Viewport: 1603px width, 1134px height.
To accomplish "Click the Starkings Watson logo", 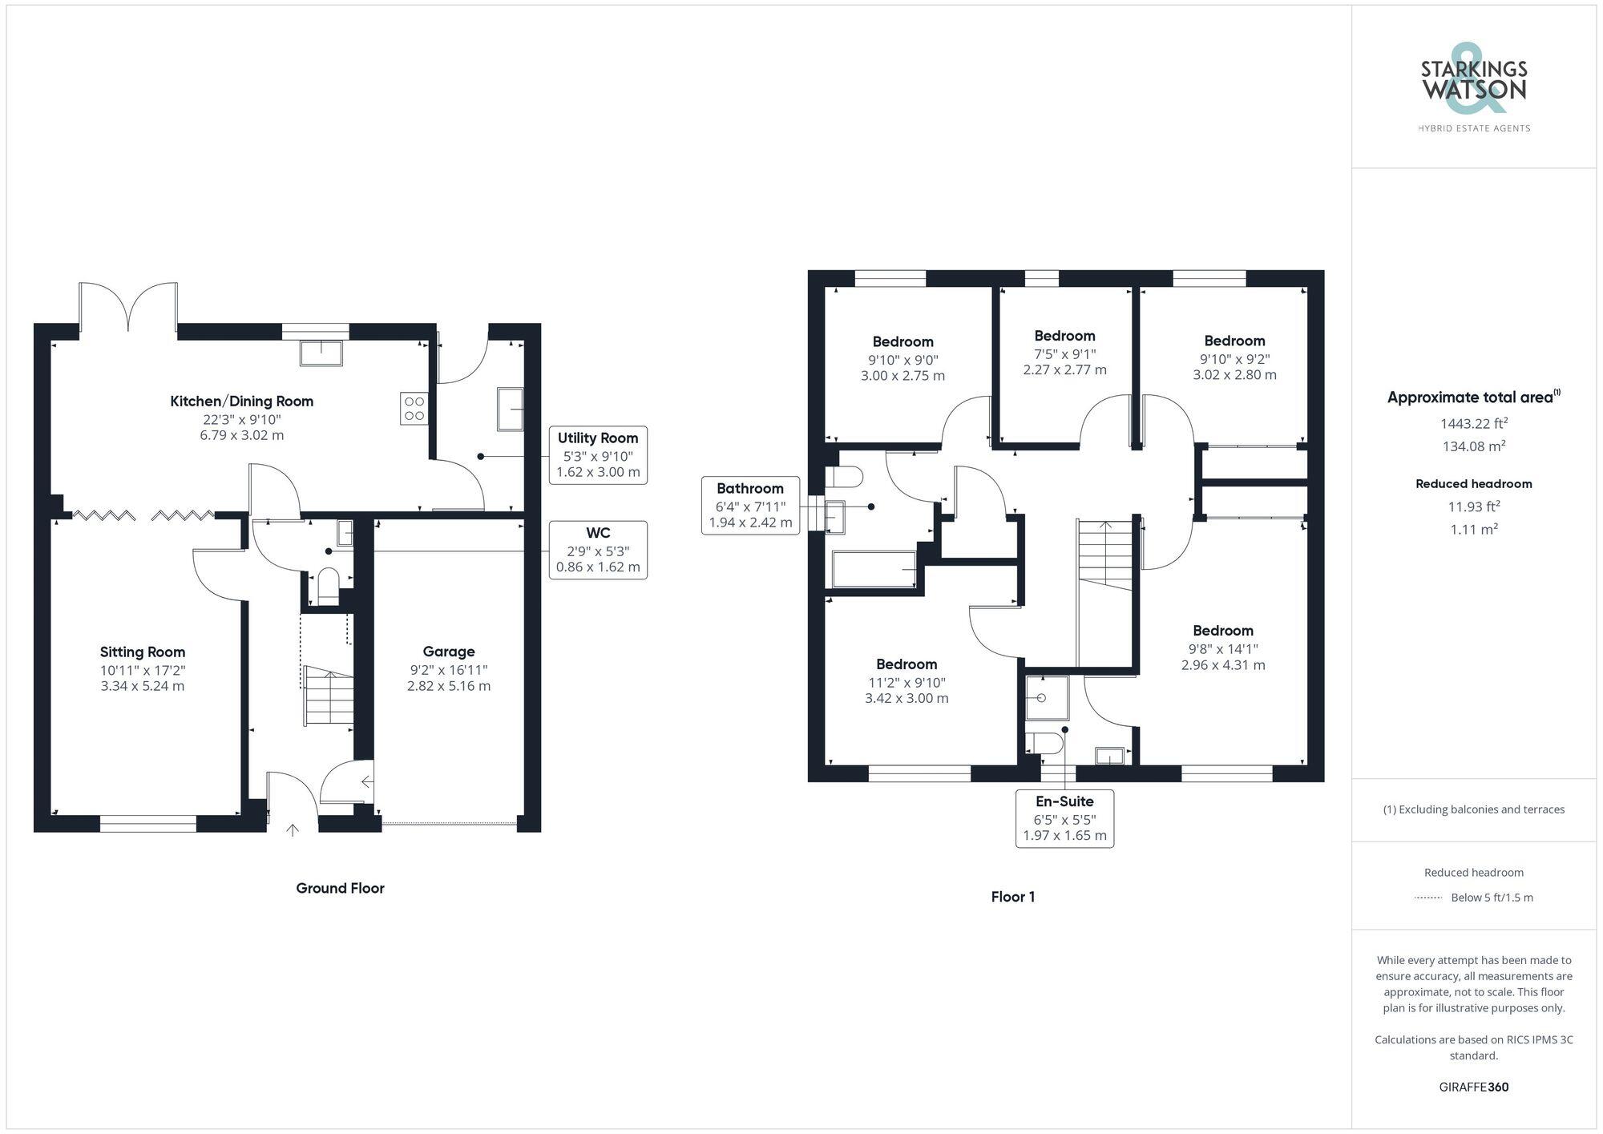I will (x=1473, y=88).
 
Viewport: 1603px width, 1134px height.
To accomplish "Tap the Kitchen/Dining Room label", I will (x=241, y=402).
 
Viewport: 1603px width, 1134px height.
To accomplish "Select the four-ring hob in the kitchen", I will (x=414, y=409).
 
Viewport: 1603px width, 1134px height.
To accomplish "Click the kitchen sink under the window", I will (x=321, y=353).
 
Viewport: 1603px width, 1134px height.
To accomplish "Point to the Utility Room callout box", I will (x=598, y=455).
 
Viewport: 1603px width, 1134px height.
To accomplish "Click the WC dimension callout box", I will (x=598, y=550).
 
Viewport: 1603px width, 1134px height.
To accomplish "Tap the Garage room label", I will (x=449, y=652).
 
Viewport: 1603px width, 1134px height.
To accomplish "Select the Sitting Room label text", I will (x=143, y=652).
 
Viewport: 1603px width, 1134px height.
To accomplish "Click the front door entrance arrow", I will (x=293, y=830).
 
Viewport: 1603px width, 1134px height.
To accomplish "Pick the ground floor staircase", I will (x=329, y=696).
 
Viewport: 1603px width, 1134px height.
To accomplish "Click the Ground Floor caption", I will (x=340, y=888).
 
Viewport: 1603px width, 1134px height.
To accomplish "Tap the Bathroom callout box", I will (x=750, y=506).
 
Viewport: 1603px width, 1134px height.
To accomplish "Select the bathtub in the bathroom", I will (x=874, y=569).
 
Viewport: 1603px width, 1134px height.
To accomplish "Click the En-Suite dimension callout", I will (x=1064, y=818).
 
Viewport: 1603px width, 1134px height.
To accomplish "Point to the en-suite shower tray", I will (x=1047, y=697).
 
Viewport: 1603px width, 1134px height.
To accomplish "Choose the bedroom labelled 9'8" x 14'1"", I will (x=1222, y=648).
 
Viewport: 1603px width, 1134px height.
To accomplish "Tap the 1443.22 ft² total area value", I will (x=1473, y=423).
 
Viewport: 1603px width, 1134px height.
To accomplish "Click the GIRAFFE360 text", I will (x=1473, y=1088).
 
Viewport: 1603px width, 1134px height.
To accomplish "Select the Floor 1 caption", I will (x=1012, y=897).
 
